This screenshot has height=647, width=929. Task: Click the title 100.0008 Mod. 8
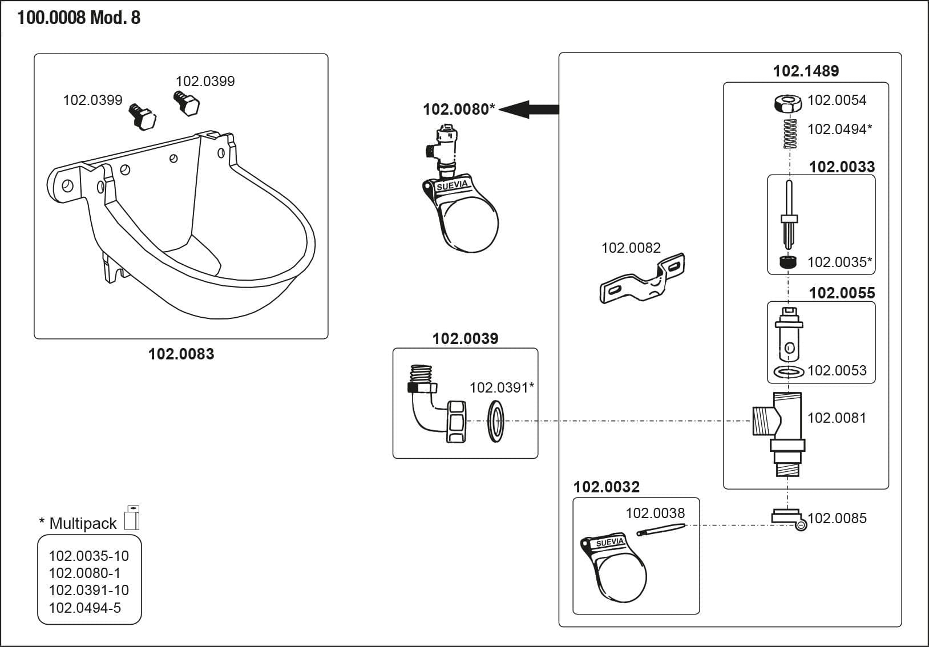point(79,18)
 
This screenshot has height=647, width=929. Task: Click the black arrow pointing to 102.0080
point(529,110)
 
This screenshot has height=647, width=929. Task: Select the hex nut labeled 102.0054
point(787,103)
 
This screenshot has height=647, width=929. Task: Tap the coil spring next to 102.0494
point(790,134)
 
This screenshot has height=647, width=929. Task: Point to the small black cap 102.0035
point(787,262)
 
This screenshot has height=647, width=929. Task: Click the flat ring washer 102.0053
point(789,371)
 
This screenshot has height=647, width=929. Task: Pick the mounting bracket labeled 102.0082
point(642,278)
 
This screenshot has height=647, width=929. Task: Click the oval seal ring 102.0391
point(496,422)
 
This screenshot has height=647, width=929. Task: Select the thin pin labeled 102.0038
point(660,530)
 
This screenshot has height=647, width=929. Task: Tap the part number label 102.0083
point(181,354)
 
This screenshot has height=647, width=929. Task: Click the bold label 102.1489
point(806,71)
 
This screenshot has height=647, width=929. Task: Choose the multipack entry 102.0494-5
point(85,608)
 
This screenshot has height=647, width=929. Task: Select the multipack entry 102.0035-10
point(89,556)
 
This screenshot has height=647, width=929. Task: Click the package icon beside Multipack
point(132,517)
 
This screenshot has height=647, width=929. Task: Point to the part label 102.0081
point(837,418)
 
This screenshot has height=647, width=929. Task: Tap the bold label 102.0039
point(465,338)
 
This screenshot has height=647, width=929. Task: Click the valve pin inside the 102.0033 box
point(789,215)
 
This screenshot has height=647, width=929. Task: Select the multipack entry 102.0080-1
point(84,573)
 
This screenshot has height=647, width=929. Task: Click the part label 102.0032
point(607,487)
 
